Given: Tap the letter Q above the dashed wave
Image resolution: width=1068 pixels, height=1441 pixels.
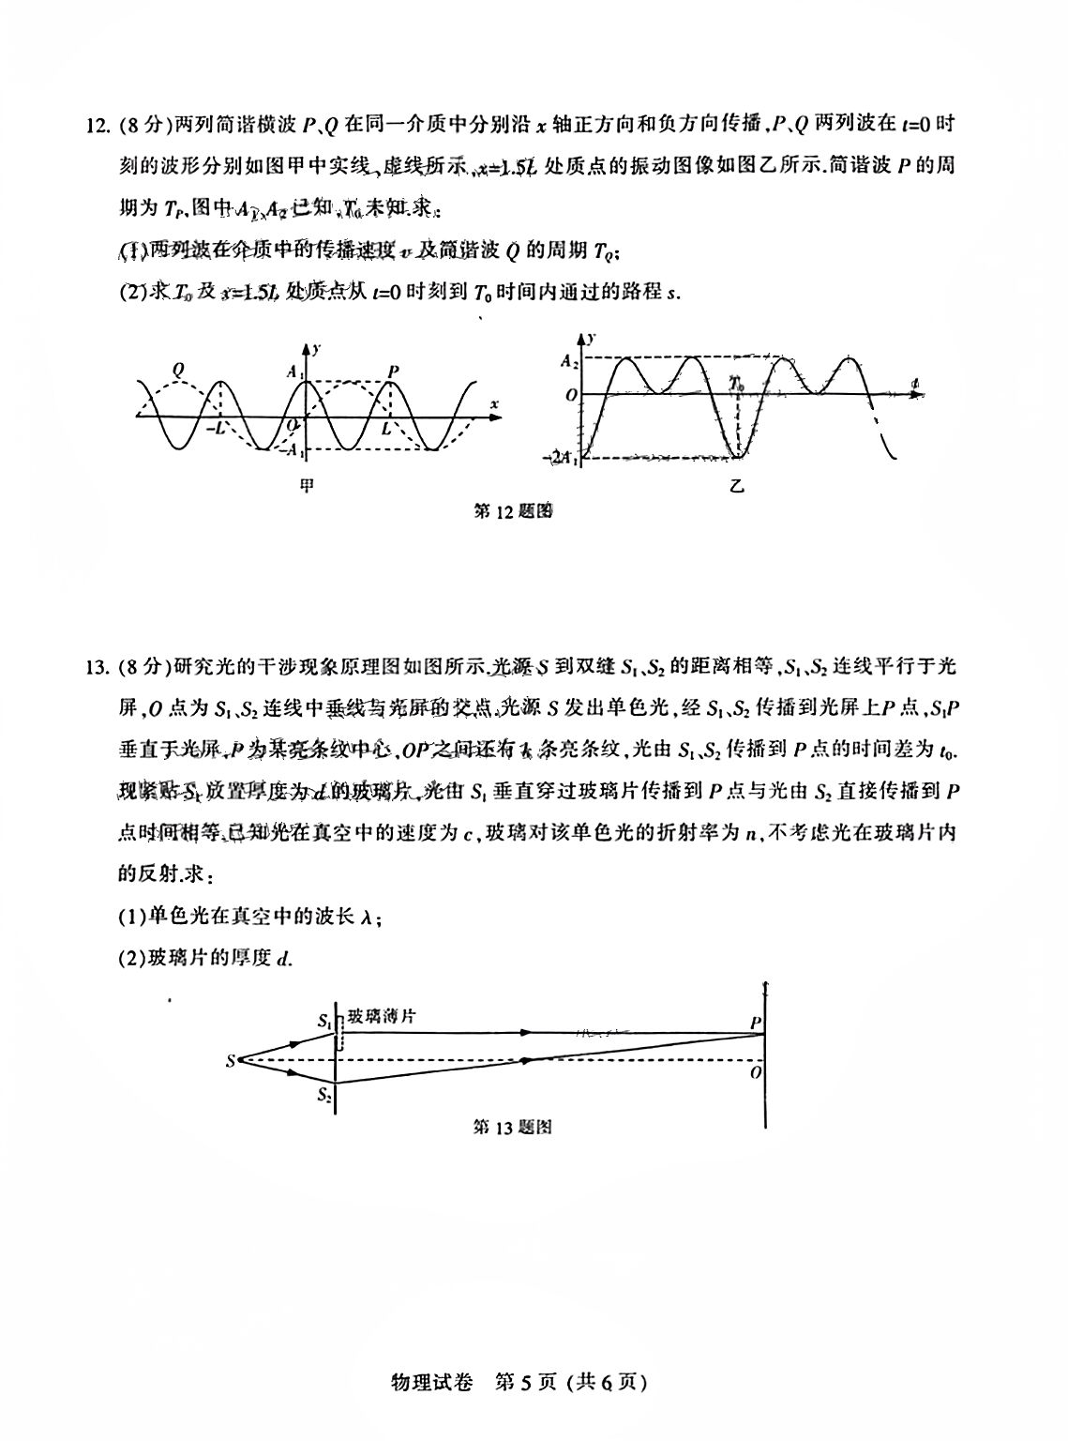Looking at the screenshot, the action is coord(178,370).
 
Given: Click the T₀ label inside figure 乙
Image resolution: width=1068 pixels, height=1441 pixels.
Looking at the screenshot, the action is coord(740,384).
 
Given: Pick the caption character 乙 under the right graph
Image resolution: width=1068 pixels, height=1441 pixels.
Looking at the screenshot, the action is coord(737,485).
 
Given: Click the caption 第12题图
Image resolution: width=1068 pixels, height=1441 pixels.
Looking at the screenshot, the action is coord(512,512).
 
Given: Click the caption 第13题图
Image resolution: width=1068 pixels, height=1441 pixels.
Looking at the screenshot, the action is coord(512,1128).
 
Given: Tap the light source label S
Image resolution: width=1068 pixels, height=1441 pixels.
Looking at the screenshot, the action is coord(230,1061).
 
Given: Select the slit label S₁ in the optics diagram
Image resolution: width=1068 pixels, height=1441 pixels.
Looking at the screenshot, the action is coord(324,1019).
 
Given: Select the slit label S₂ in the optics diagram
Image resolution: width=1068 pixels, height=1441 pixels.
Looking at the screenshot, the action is coord(324,1095).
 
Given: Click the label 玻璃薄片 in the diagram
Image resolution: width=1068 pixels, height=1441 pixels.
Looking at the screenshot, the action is coord(383,1015).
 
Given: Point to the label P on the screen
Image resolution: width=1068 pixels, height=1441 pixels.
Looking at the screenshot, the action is coord(754,1023).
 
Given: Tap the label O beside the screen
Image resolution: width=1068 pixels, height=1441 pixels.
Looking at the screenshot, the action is coord(754,1072).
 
